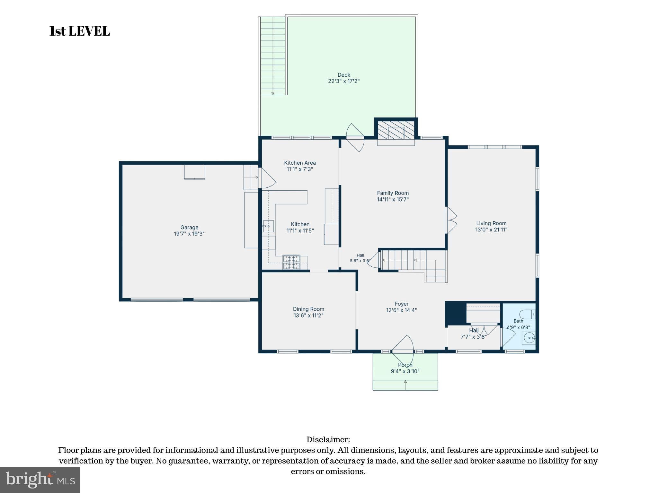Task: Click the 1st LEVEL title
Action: click(80, 31)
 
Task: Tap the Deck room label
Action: click(344, 75)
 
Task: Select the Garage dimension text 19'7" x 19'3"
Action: click(189, 234)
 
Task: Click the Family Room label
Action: click(393, 193)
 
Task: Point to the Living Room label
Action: click(491, 223)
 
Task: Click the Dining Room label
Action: click(308, 309)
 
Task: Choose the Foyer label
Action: click(402, 304)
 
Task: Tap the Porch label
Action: click(405, 365)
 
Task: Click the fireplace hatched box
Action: click(396, 130)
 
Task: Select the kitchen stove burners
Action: click(291, 262)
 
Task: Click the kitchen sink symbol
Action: click(268, 226)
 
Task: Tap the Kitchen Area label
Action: click(300, 163)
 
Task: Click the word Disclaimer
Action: click(328, 439)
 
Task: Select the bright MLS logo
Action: click(40, 480)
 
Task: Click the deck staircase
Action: click(273, 56)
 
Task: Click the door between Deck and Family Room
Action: click(355, 138)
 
